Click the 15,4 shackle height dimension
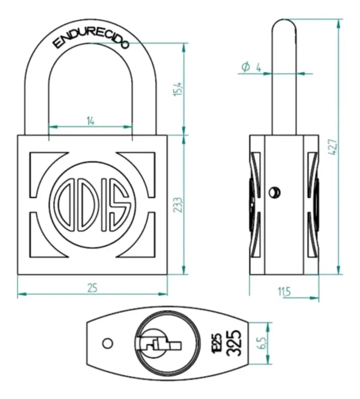click(179, 89)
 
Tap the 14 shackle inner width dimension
click(90, 121)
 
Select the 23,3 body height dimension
click(179, 205)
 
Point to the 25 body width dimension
click(92, 288)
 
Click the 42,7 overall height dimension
click(333, 147)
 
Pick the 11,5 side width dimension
click(284, 292)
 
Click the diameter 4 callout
click(251, 67)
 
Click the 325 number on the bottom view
click(234, 342)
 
